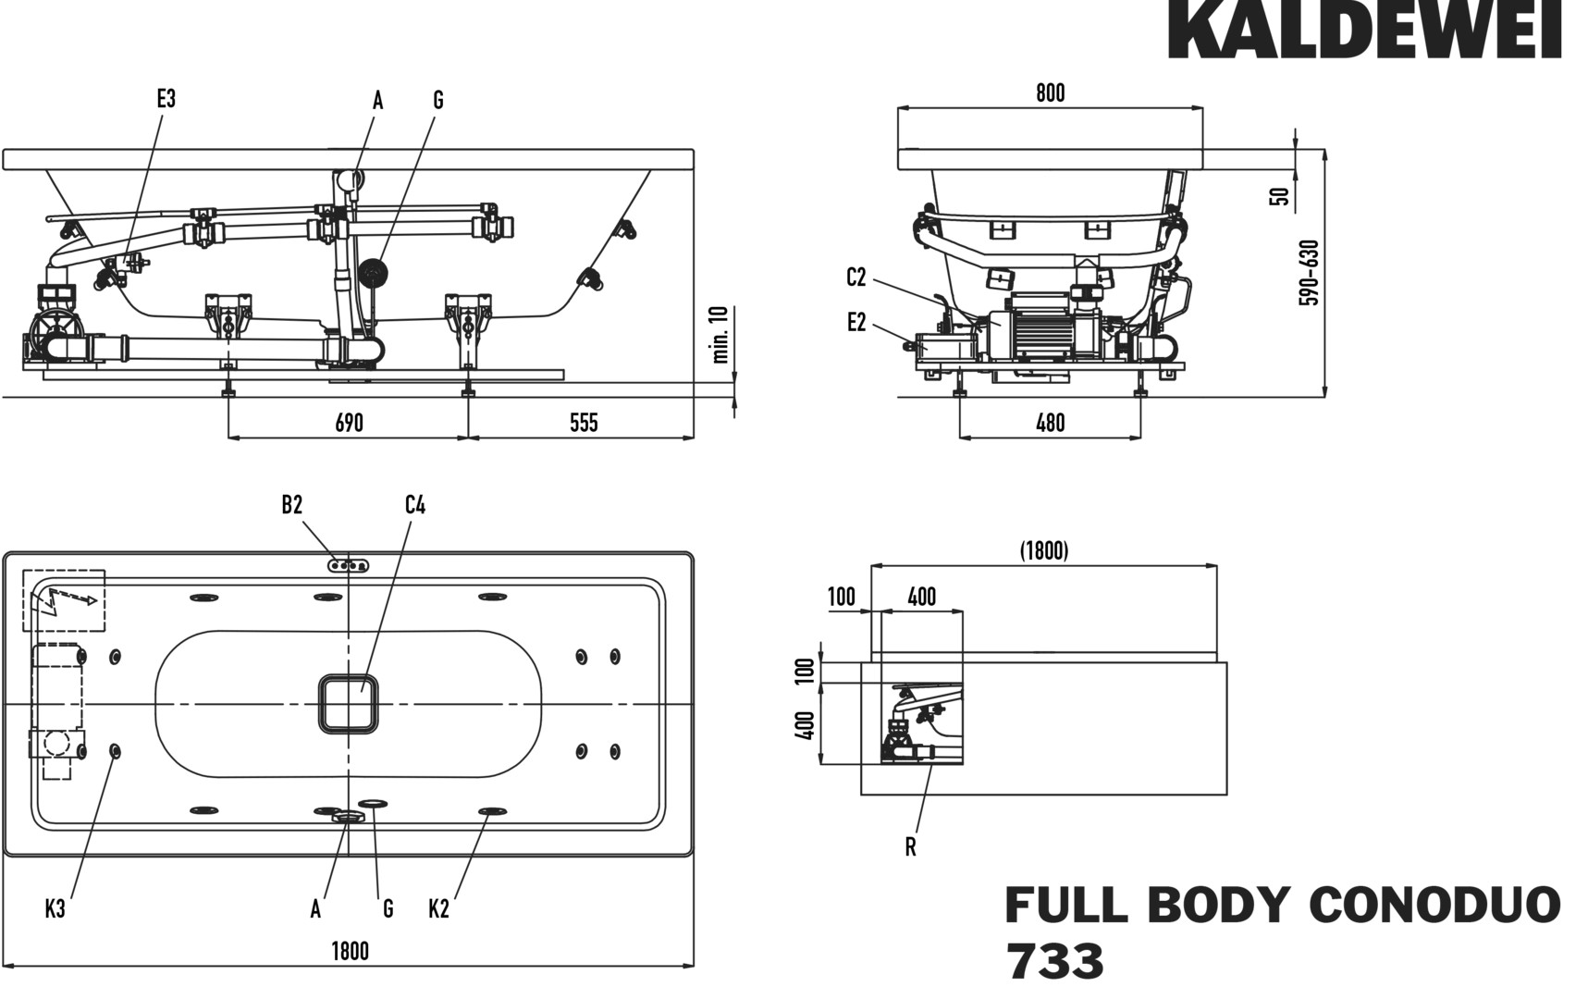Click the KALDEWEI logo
click(1364, 30)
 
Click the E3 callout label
click(166, 98)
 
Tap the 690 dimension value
click(349, 423)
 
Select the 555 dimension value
click(584, 423)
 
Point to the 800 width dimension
click(1050, 92)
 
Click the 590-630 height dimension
click(1309, 273)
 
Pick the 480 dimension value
click(1050, 423)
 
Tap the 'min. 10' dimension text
click(722, 334)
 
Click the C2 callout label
click(856, 277)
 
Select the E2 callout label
click(856, 322)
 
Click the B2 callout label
click(292, 504)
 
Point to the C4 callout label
click(415, 504)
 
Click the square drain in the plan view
click(350, 704)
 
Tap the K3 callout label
click(55, 909)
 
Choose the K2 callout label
click(438, 909)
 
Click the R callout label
click(911, 847)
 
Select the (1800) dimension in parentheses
click(1044, 550)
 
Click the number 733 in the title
click(1054, 962)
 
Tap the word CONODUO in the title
click(1435, 905)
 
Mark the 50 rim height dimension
click(1280, 196)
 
